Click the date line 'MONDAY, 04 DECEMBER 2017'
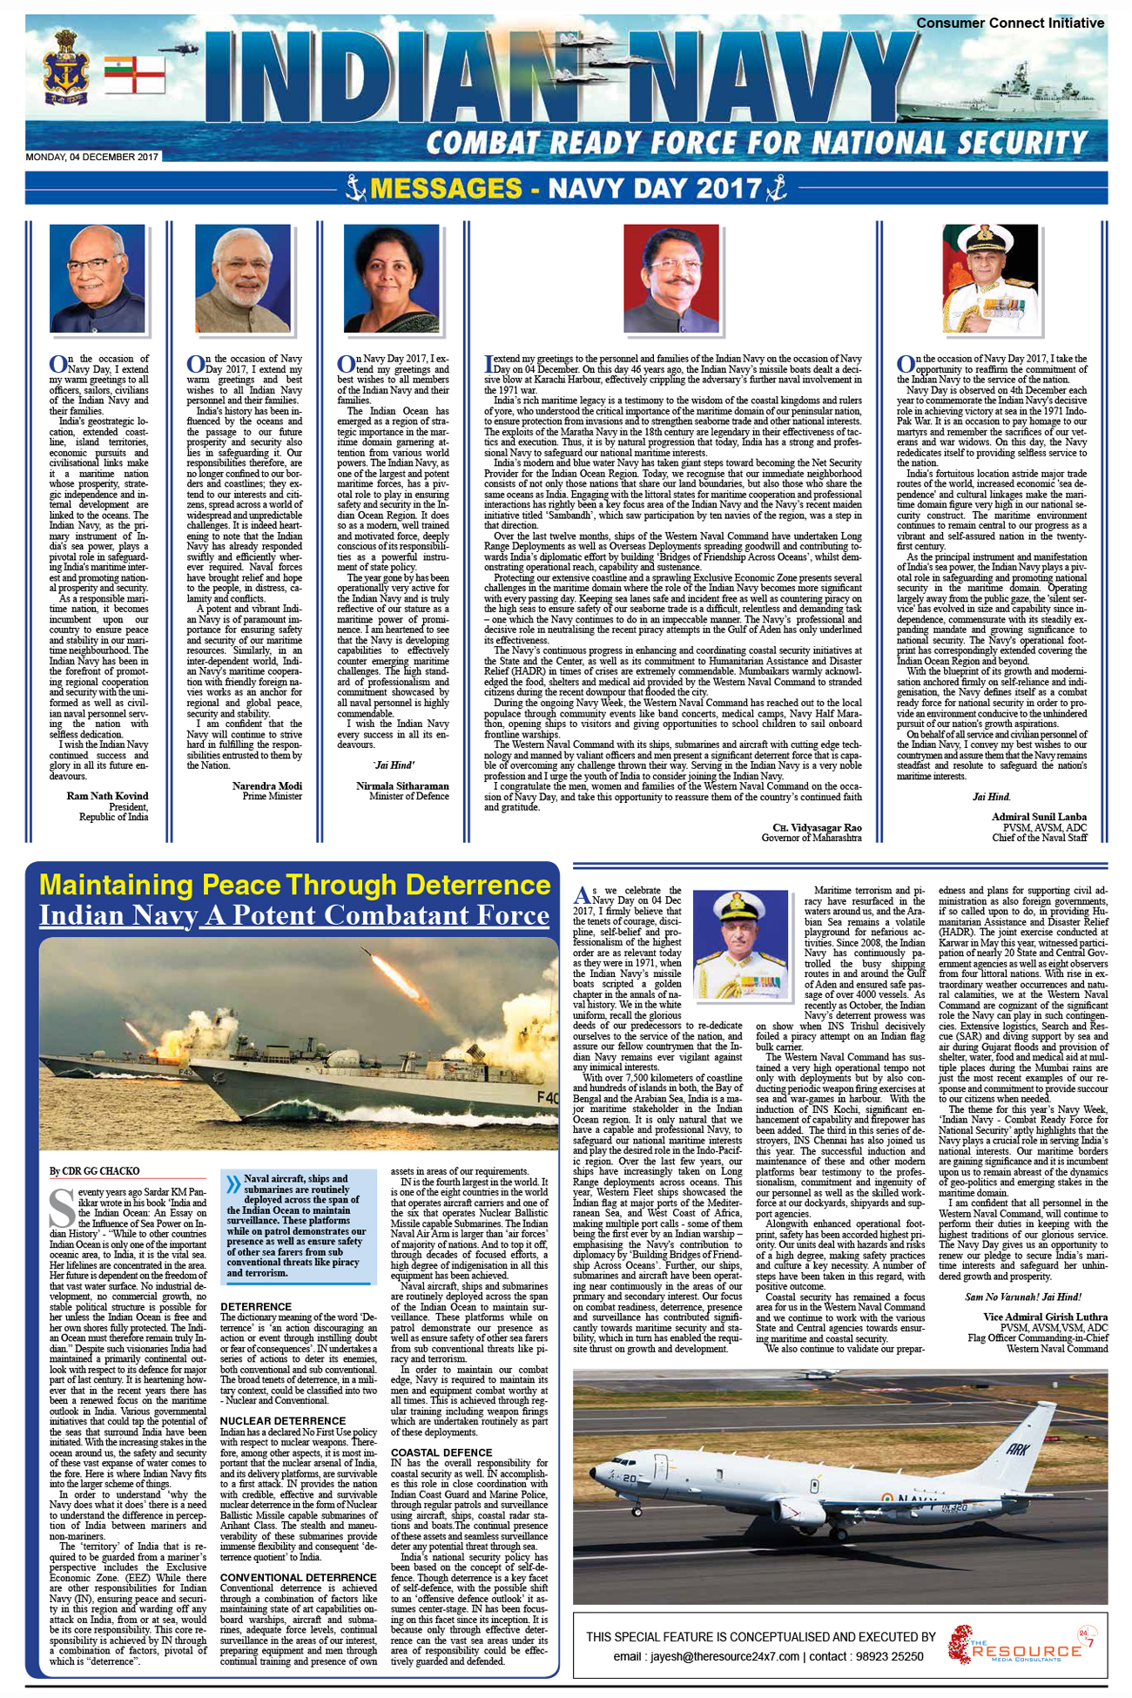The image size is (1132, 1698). (x=92, y=158)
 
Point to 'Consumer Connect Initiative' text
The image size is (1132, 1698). (x=1010, y=24)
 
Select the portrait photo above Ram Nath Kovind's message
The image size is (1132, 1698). (x=97, y=278)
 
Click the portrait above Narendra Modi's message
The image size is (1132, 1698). (x=242, y=278)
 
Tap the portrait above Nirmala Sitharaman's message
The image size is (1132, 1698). (x=391, y=278)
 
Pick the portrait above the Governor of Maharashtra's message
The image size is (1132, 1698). (x=670, y=278)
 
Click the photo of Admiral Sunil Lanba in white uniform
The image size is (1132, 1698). (x=990, y=278)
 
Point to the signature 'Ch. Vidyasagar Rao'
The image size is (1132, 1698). (x=817, y=827)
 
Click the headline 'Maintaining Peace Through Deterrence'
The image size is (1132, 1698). (x=295, y=885)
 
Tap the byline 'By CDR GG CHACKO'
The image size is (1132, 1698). (x=94, y=1171)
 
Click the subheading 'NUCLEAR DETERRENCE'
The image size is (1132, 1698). (x=271, y=1421)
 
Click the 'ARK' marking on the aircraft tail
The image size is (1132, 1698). (x=1017, y=1449)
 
